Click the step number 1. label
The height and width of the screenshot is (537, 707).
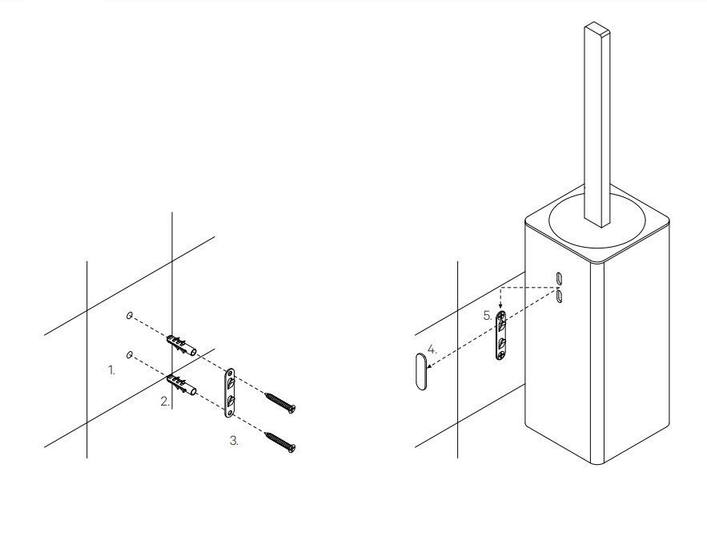coord(112,370)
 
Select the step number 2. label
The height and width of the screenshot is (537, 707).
coord(165,402)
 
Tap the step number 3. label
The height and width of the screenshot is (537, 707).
coord(234,441)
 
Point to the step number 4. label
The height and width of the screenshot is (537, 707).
coord(432,349)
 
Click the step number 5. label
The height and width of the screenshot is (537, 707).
coord(488,316)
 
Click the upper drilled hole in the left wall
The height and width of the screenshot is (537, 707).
coord(130,316)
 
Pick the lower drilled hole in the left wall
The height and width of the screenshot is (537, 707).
coord(130,355)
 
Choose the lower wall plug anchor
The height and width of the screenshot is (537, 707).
coord(182,385)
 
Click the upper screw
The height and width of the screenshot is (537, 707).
coord(280,402)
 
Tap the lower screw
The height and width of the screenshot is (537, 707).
coord(280,442)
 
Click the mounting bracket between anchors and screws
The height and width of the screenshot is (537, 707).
coord(230,393)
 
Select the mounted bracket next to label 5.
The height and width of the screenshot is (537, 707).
coord(501,335)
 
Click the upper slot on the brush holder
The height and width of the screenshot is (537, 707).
coord(559,278)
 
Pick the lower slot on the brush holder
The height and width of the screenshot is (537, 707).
coord(559,296)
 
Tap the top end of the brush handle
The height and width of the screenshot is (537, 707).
coord(597,28)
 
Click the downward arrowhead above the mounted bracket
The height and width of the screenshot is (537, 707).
coord(500,306)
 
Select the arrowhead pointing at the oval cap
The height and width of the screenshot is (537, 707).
coord(430,366)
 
